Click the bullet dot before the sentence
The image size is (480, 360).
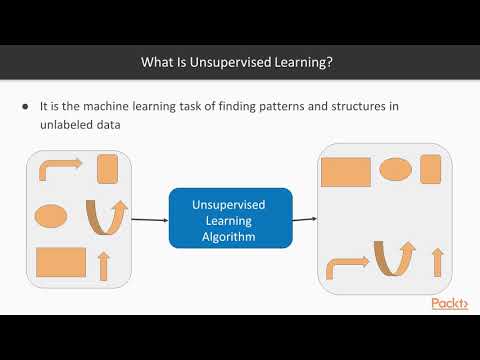click(24, 107)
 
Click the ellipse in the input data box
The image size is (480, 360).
click(51, 215)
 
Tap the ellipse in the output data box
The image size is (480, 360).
click(396, 168)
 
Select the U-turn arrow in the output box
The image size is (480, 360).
click(395, 257)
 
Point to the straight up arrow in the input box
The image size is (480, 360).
click(102, 265)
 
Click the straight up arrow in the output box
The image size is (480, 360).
click(436, 262)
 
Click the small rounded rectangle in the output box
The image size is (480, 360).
click(432, 169)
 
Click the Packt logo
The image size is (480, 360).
click(451, 304)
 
